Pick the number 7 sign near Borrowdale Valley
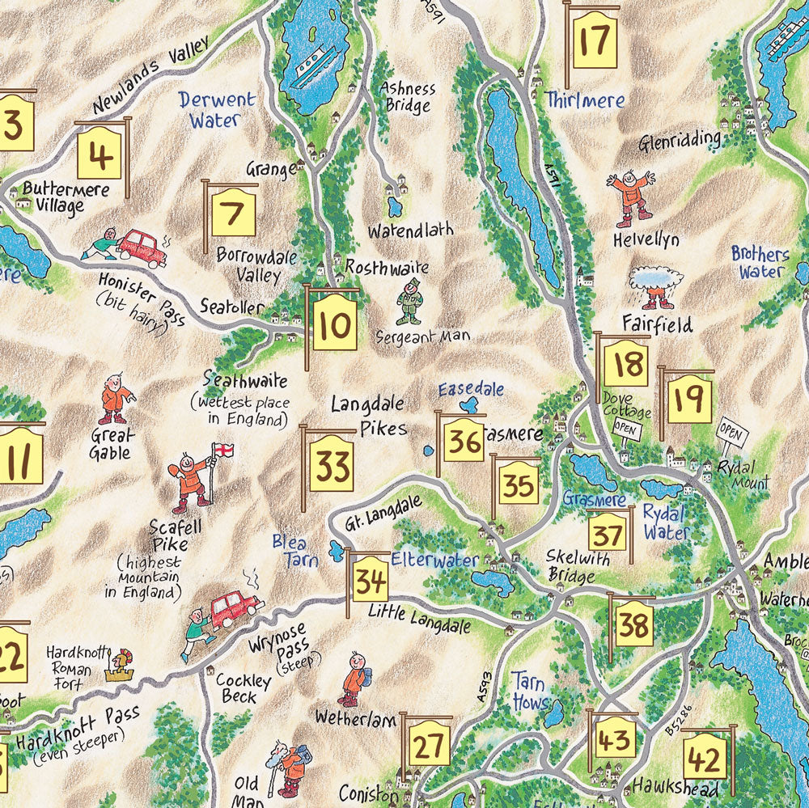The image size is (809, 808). [x=232, y=215]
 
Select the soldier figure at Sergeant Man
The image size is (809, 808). [x=410, y=301]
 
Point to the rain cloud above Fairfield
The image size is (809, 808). [x=656, y=280]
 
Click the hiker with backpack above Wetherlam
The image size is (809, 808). [x=354, y=679]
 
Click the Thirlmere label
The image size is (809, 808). [x=585, y=100]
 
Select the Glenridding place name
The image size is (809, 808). [x=679, y=138]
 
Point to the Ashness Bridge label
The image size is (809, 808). [x=408, y=96]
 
